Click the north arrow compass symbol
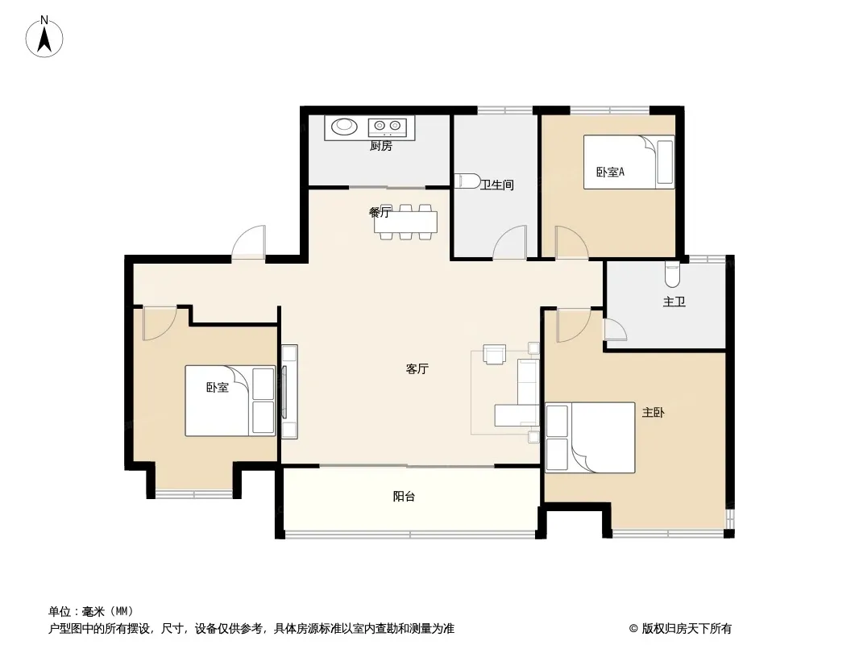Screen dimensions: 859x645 [x=44, y=37]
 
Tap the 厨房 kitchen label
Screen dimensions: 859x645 [x=380, y=146]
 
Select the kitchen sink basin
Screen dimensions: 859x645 [x=344, y=126]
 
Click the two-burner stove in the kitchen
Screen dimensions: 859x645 [x=387, y=126]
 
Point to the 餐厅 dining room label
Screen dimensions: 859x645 [x=380, y=213]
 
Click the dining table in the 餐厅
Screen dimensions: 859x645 [x=406, y=222]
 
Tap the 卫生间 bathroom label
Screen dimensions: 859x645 [x=497, y=185]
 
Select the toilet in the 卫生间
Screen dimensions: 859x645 [x=467, y=181]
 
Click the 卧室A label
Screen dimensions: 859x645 [x=610, y=172]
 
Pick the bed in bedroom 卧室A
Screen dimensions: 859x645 [x=629, y=162]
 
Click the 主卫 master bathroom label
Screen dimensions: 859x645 [x=674, y=302]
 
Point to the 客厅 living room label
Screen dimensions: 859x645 [x=417, y=368]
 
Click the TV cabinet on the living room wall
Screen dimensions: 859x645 [x=289, y=391]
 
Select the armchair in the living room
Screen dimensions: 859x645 [x=495, y=354]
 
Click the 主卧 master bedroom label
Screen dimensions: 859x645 [x=653, y=413]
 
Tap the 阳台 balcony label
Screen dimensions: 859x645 [x=404, y=497]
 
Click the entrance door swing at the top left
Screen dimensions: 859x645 [x=248, y=242]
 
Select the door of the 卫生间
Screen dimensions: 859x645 [x=510, y=242]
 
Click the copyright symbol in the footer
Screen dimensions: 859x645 [x=634, y=629]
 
